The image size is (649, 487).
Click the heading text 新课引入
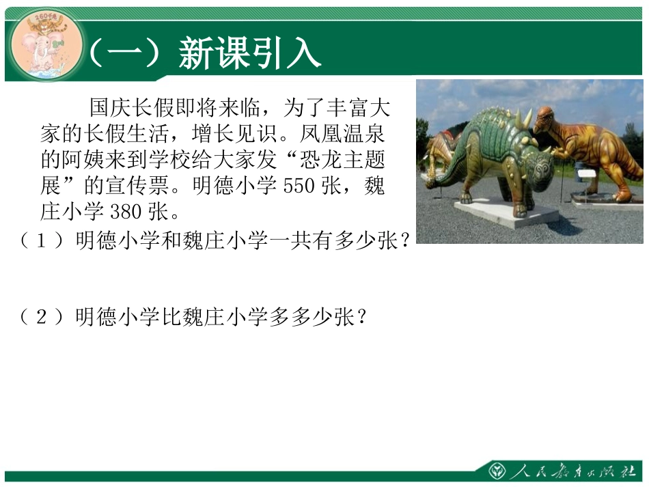tap(249, 53)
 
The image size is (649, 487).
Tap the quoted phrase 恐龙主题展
tap(342, 160)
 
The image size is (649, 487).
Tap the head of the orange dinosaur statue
tap(547, 119)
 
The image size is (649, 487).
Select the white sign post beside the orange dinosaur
tap(586, 180)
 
